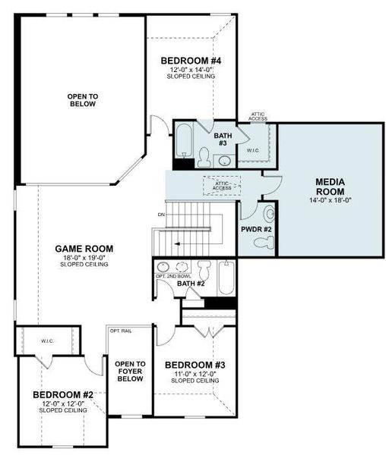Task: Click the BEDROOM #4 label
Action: coord(194,60)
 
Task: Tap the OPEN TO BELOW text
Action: coord(81,100)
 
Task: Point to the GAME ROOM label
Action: coord(84,248)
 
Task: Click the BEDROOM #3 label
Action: coord(195,365)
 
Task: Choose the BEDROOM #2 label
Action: coord(62,395)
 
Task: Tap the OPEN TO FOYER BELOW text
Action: coord(130,372)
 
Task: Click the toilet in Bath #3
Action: coord(204,157)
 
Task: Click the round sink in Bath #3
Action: coord(225,160)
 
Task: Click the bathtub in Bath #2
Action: coord(226,281)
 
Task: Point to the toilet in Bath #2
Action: coord(204,270)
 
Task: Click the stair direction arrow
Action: coord(176,244)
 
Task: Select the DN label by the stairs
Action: coord(161,215)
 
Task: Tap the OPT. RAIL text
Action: coord(120,331)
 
